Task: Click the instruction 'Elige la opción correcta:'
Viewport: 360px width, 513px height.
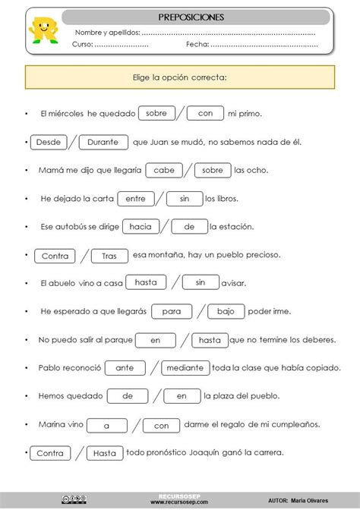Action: click(x=180, y=77)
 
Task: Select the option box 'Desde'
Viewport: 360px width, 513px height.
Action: click(x=48, y=142)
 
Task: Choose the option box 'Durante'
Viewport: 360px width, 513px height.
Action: click(x=103, y=142)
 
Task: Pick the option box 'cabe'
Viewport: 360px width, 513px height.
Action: click(x=163, y=170)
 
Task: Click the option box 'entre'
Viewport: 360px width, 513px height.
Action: click(x=136, y=198)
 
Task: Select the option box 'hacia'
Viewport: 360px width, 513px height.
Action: click(x=141, y=226)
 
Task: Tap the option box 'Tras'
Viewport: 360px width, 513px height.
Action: click(x=109, y=256)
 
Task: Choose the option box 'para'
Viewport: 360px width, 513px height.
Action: click(x=172, y=311)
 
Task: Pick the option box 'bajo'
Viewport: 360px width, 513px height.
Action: click(x=226, y=311)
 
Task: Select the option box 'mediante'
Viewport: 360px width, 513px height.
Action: click(x=185, y=367)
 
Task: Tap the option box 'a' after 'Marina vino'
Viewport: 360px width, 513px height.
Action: click(x=107, y=425)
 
